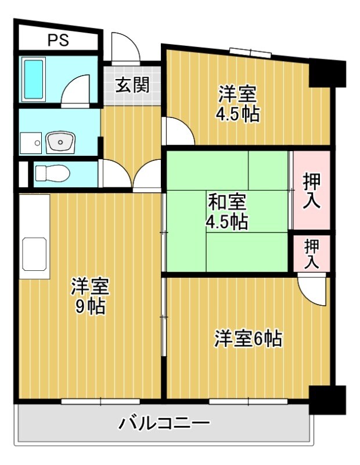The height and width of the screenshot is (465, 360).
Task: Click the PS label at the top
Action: (57, 41)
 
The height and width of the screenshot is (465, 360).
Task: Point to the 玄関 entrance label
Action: (132, 85)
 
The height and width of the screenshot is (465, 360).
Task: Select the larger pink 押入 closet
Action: (311, 191)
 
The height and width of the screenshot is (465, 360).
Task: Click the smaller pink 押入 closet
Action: (311, 253)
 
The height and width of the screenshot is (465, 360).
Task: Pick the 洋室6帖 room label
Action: (248, 338)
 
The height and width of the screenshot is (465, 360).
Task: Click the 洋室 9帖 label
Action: (89, 296)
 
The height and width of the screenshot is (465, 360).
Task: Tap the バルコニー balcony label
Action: (164, 423)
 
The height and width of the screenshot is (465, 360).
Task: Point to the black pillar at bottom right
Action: (326, 399)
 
